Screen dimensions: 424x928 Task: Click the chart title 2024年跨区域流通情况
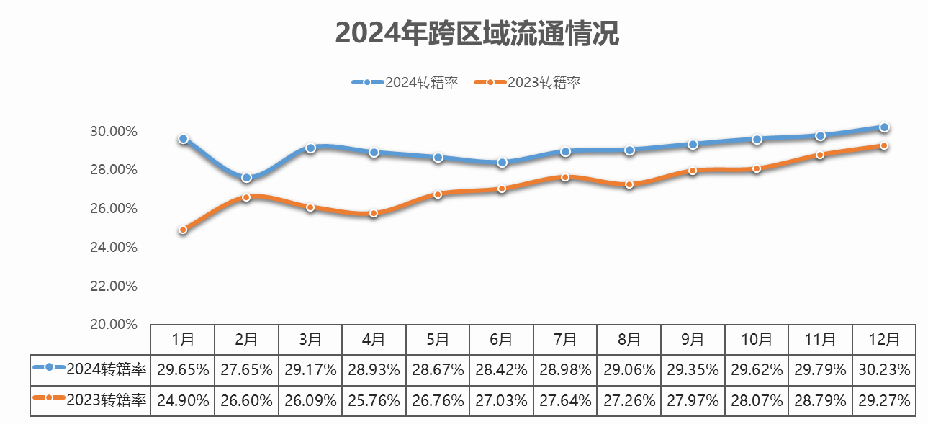click(x=477, y=33)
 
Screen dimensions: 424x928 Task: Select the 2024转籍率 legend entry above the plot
click(x=405, y=82)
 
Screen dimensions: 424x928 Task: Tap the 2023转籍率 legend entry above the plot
click(x=528, y=82)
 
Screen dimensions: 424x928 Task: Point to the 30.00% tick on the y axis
click(x=114, y=132)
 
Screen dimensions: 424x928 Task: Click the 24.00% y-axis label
click(x=114, y=248)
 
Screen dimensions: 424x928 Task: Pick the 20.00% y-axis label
click(x=114, y=325)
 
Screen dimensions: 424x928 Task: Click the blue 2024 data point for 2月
click(x=246, y=177)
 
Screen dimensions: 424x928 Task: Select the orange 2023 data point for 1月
click(x=183, y=230)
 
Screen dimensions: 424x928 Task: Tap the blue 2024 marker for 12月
click(x=884, y=127)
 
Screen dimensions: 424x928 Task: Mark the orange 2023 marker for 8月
click(x=629, y=184)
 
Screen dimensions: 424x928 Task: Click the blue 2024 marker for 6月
click(x=502, y=163)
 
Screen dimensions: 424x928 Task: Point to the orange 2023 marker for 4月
click(x=374, y=213)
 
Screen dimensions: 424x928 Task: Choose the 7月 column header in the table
click(x=565, y=339)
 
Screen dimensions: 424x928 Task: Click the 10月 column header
click(x=757, y=339)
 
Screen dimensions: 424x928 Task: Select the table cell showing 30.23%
click(x=884, y=370)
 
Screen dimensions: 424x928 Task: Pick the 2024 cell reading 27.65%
click(x=246, y=370)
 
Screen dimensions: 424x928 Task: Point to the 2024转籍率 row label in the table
click(x=91, y=370)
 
